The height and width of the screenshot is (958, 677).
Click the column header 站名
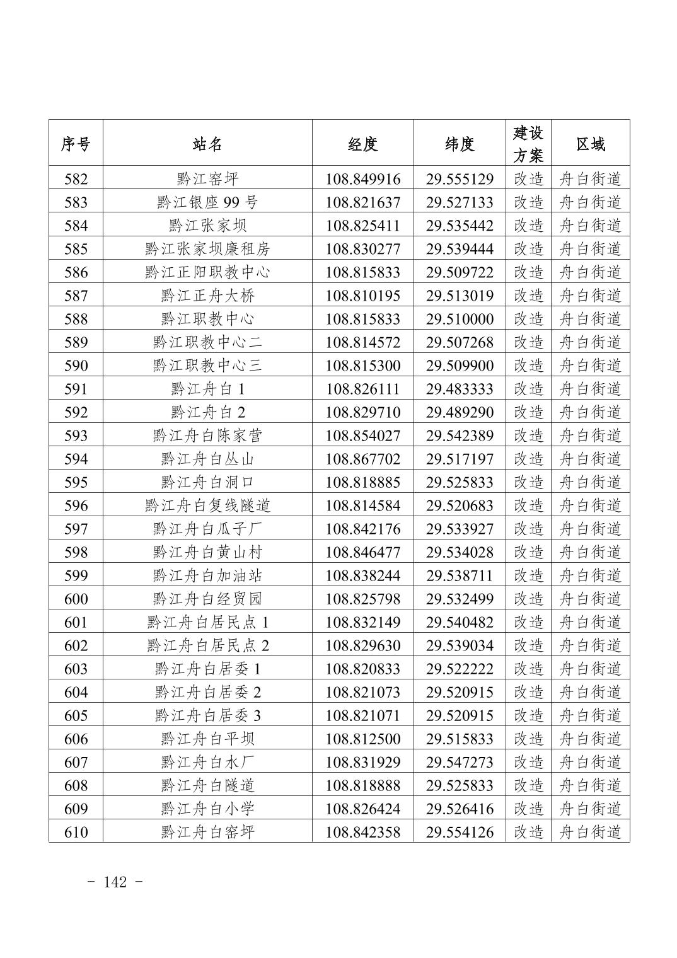click(x=207, y=144)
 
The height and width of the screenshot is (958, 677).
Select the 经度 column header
click(x=363, y=144)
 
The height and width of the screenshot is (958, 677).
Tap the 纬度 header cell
click(x=460, y=144)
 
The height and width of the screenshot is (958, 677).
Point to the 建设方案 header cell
click(x=528, y=144)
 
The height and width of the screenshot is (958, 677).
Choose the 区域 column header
click(x=591, y=144)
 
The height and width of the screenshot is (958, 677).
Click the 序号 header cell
click(x=76, y=144)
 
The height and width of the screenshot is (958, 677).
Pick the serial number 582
click(x=76, y=179)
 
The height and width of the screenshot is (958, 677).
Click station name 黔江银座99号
click(x=207, y=202)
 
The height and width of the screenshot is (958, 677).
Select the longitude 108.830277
click(x=363, y=249)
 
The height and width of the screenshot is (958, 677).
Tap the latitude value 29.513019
click(x=460, y=296)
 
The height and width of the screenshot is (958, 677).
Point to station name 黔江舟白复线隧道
click(x=207, y=505)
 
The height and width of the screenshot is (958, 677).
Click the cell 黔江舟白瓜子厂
click(x=207, y=529)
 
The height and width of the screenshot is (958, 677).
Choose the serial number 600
click(x=76, y=599)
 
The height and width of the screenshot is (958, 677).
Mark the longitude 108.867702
click(x=363, y=459)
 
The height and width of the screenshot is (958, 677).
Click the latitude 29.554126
click(x=460, y=832)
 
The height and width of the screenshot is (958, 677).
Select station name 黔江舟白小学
click(x=207, y=809)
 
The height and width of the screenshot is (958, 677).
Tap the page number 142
click(x=115, y=882)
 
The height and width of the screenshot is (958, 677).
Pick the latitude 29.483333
click(x=460, y=389)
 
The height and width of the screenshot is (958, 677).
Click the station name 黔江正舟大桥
click(x=207, y=296)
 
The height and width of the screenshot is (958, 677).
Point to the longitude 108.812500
click(x=363, y=739)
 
